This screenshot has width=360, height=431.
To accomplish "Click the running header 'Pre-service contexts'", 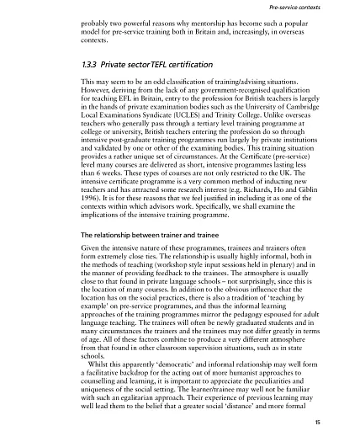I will pos(315,7).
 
